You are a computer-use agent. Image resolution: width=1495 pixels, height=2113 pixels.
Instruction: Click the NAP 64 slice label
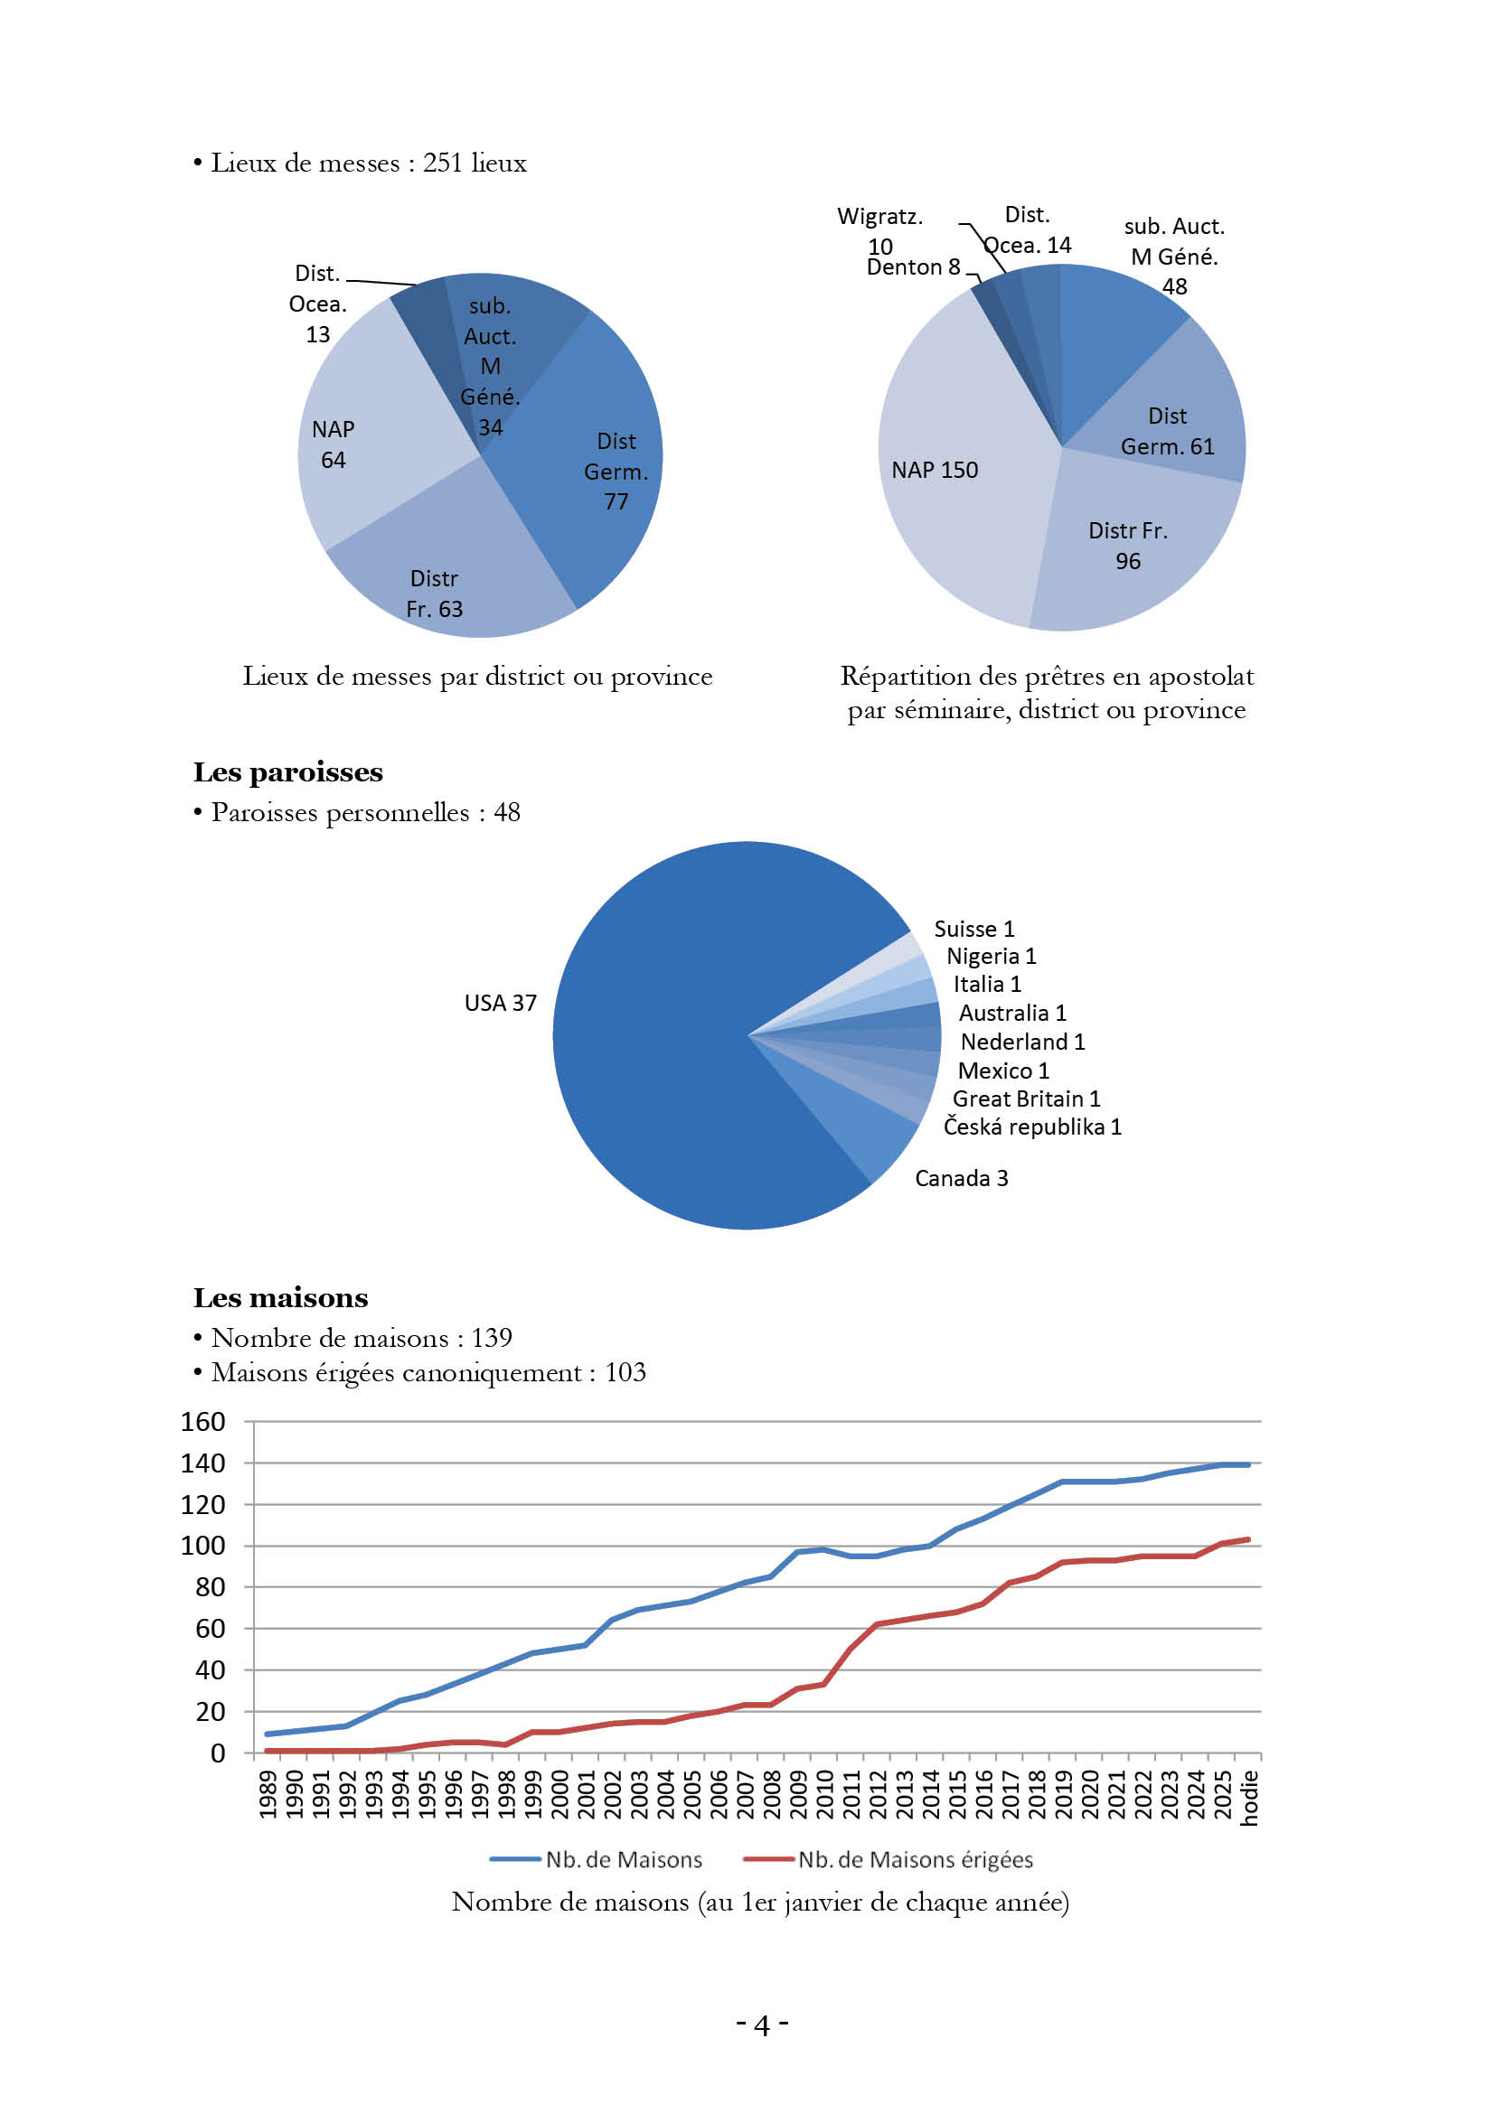tap(333, 444)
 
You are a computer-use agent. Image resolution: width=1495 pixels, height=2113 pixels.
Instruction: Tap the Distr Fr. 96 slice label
tap(1128, 546)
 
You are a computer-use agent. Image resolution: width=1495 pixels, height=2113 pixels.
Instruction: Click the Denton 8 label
tap(912, 266)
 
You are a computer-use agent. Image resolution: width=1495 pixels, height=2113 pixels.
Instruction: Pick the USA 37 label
tap(500, 1003)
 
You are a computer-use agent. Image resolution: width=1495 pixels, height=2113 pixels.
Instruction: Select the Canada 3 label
tap(961, 1178)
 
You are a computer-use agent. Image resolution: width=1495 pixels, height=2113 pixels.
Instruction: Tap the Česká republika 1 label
tap(1032, 1127)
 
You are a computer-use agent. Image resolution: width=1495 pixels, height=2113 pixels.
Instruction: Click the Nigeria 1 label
tap(991, 956)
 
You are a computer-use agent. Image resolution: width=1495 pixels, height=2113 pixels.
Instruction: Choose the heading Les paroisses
tap(287, 772)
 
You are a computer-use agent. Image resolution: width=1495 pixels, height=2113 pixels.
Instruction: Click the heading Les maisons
tap(280, 1297)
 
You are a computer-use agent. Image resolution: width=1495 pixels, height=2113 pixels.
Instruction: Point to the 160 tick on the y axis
tap(202, 1422)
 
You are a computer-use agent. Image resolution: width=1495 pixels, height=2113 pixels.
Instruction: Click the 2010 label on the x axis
tap(825, 1795)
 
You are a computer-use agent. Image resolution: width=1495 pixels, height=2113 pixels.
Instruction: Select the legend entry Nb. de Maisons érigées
tap(914, 1860)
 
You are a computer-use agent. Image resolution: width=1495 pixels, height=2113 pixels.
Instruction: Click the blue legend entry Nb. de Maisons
tap(624, 1860)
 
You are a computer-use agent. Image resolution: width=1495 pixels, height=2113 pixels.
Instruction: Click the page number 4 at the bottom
tap(761, 2024)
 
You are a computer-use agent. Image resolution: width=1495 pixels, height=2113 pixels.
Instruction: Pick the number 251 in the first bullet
tap(442, 163)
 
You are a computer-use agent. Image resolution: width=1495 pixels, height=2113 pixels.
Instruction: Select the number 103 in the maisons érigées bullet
tap(625, 1372)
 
